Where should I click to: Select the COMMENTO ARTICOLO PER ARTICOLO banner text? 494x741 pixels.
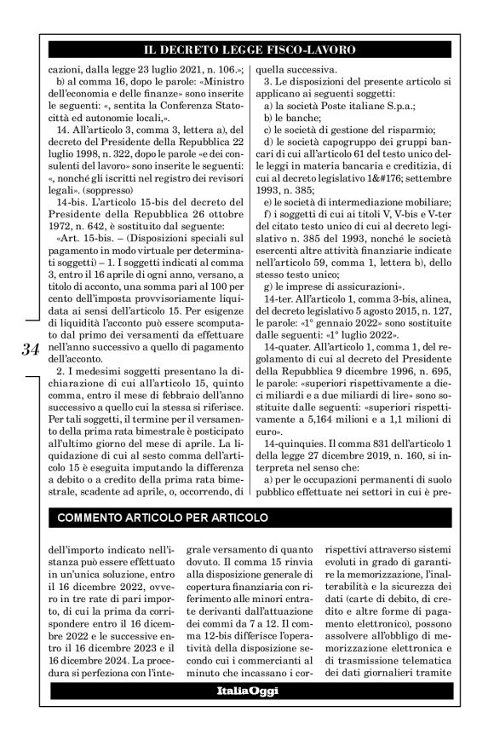coord(162,518)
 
